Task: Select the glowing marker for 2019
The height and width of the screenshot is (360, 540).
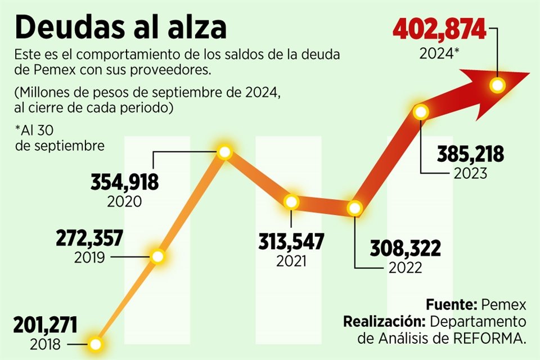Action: coord(158,257)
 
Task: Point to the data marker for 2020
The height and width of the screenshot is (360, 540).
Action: coord(224,152)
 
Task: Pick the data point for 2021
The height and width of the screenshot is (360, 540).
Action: coord(291,202)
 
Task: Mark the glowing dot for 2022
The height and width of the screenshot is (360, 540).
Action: coord(354,208)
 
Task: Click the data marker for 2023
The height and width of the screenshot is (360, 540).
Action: coord(421,111)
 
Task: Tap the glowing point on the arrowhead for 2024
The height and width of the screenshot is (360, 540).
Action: coord(497,85)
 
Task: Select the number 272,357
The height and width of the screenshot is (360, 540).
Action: coord(89,238)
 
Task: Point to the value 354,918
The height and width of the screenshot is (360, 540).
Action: coord(124,183)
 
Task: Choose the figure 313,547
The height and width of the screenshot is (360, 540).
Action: coord(291,242)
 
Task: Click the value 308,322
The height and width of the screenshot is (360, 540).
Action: coord(405,247)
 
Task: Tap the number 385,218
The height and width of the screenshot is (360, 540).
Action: coord(470,154)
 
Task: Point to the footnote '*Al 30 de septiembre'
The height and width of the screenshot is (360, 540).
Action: coord(60,138)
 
